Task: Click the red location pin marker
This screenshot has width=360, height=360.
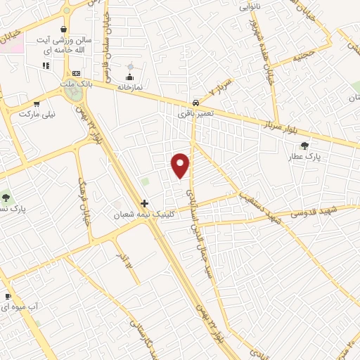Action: tap(181, 165)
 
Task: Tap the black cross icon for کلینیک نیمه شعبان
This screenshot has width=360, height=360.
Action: tap(145, 203)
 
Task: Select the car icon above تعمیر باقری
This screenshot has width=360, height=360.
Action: tap(196, 101)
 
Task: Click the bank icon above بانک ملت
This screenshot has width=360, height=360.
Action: tap(76, 73)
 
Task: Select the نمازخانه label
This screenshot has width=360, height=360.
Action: tap(129, 85)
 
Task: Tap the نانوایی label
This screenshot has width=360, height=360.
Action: tap(250, 6)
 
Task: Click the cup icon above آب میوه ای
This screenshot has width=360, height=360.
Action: tap(8, 297)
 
